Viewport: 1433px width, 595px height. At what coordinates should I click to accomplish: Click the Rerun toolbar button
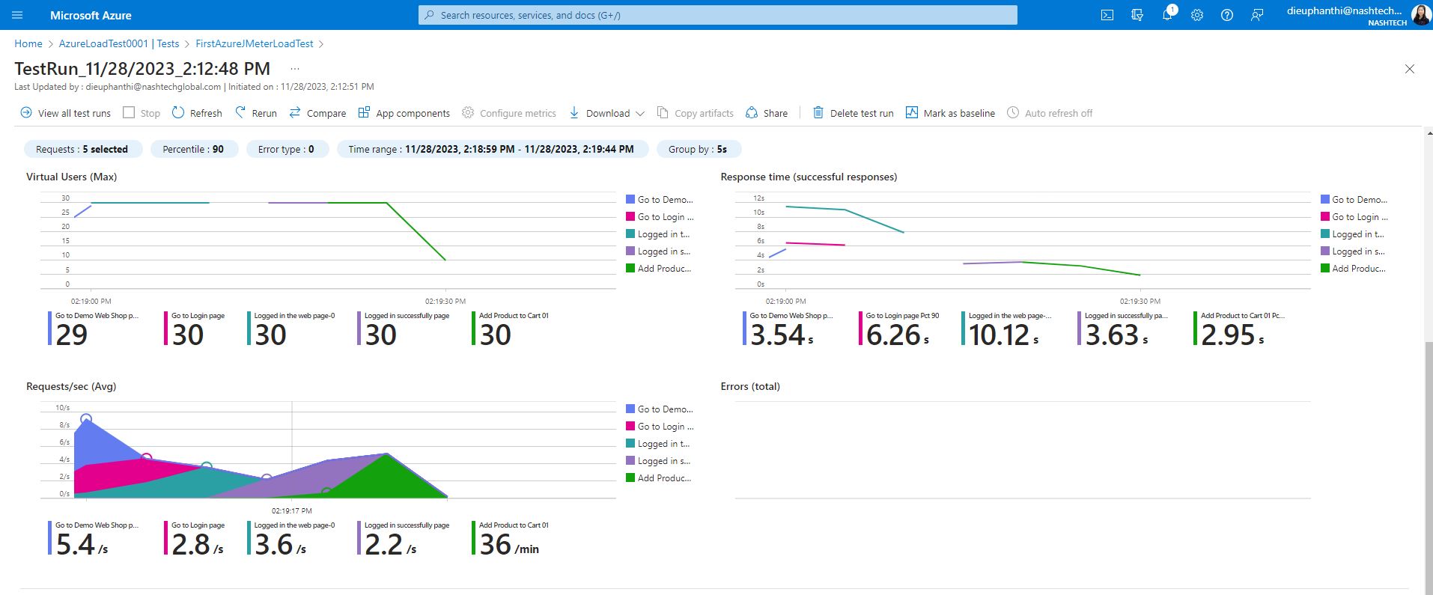(256, 113)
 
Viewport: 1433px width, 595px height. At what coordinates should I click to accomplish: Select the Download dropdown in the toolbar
(607, 113)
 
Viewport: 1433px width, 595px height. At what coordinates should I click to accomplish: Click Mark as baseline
(950, 113)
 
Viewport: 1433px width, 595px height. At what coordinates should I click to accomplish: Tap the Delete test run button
(853, 113)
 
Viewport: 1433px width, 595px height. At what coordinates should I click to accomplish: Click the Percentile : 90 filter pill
(193, 149)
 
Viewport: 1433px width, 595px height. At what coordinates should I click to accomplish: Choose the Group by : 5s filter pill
(698, 149)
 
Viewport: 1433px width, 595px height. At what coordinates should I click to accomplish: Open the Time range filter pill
(490, 149)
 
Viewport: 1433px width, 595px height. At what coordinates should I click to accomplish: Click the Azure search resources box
(717, 15)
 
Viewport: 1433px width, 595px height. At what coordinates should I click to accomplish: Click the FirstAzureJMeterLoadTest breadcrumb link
(255, 43)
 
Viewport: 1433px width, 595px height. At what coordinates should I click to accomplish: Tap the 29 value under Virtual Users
(72, 335)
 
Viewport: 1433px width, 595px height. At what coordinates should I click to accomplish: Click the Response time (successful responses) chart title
(809, 177)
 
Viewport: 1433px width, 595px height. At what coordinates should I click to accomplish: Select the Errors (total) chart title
(750, 386)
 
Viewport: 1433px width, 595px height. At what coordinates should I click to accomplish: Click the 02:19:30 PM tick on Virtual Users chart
(445, 301)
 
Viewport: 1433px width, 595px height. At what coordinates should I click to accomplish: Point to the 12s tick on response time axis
(758, 198)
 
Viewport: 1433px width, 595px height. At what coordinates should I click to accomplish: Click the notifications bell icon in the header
(1166, 15)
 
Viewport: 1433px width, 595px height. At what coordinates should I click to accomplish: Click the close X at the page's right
(1409, 69)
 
